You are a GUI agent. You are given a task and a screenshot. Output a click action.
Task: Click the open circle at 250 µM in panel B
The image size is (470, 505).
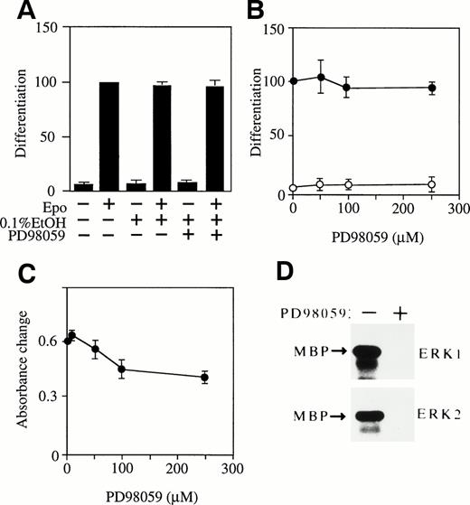pos(432,184)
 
